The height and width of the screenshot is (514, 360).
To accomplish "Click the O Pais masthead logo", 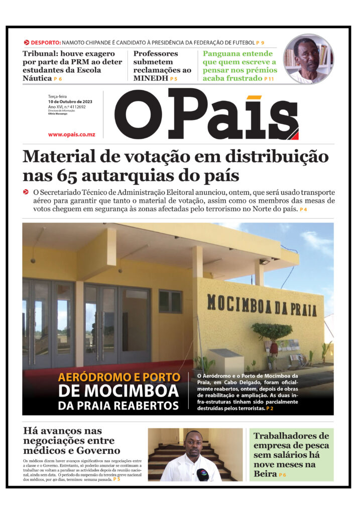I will [206, 114].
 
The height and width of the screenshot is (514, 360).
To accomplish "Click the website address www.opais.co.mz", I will [75, 135].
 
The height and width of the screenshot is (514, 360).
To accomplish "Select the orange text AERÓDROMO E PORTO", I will [118, 377].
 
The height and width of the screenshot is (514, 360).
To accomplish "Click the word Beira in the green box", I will [265, 473].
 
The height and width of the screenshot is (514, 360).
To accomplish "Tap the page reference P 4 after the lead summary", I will [303, 209].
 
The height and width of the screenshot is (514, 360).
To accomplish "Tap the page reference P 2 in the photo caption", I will [270, 409].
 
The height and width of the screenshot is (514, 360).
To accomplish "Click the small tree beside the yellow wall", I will [272, 333].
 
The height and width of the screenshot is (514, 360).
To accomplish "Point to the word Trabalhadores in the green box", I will [291, 436].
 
